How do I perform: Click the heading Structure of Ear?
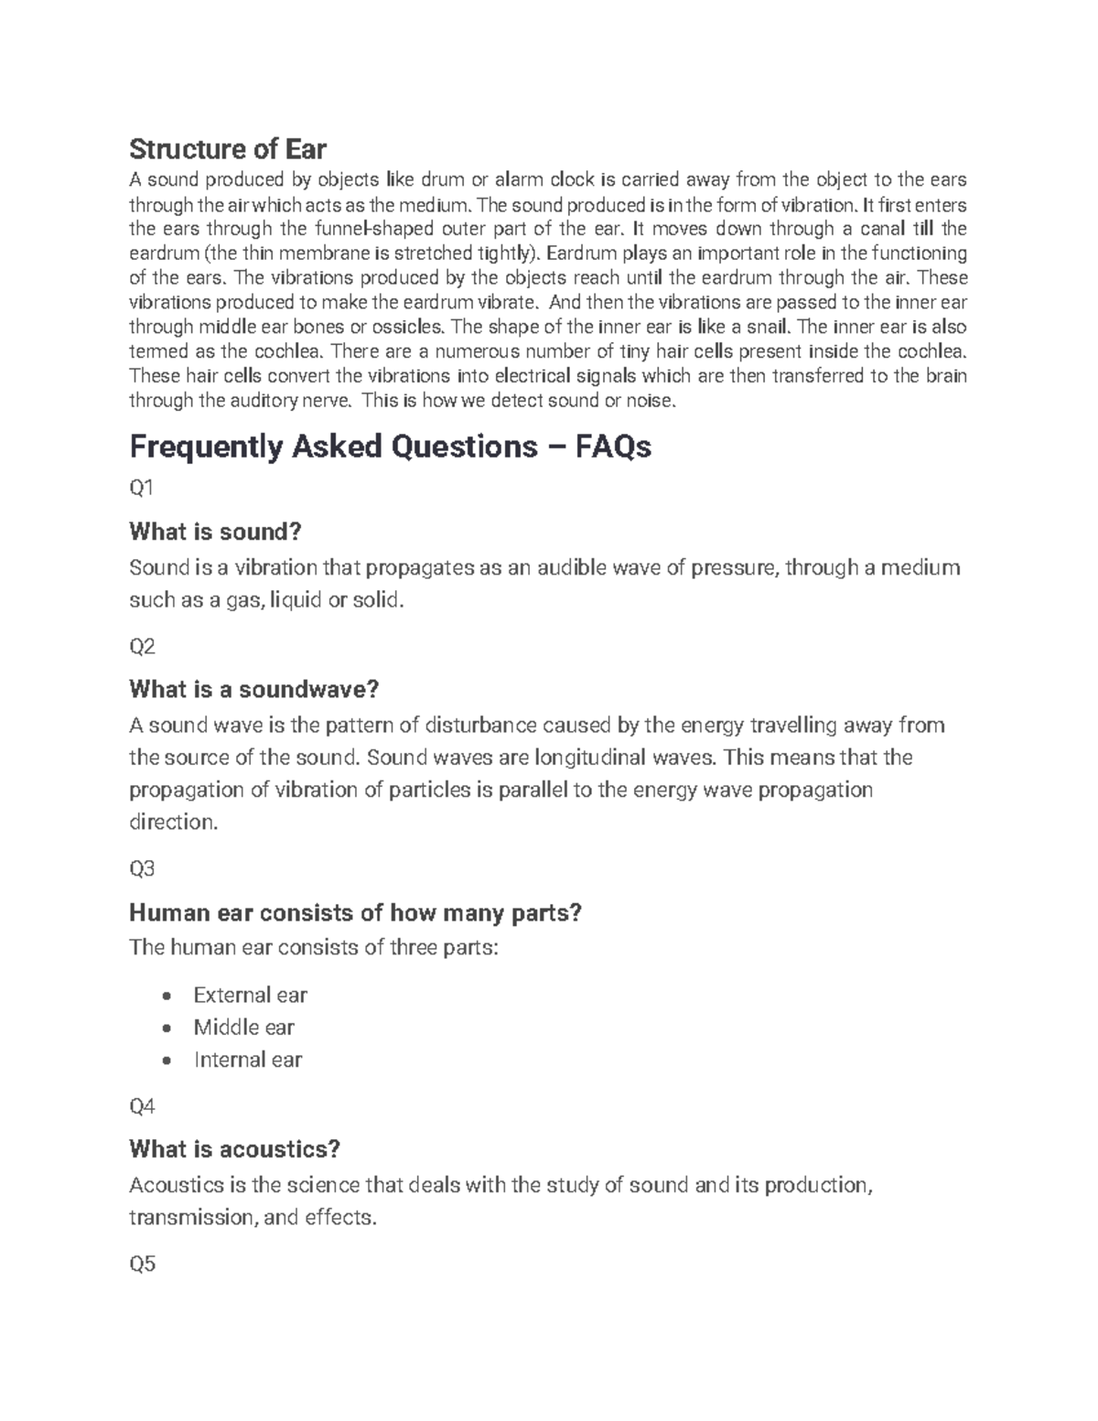[228, 148]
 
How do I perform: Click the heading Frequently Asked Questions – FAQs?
[390, 447]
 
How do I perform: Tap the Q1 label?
[142, 489]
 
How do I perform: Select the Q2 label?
[143, 647]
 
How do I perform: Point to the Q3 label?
[143, 869]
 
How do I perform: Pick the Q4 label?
[143, 1107]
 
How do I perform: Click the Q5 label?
[143, 1265]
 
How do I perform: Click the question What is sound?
[215, 532]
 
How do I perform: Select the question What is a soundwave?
[253, 689]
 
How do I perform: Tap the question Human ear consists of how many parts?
[355, 912]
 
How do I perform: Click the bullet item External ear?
[250, 995]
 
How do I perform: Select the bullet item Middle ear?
[243, 1028]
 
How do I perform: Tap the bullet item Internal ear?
[247, 1060]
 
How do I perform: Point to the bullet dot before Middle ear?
[166, 1028]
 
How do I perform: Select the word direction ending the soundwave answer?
[174, 822]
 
